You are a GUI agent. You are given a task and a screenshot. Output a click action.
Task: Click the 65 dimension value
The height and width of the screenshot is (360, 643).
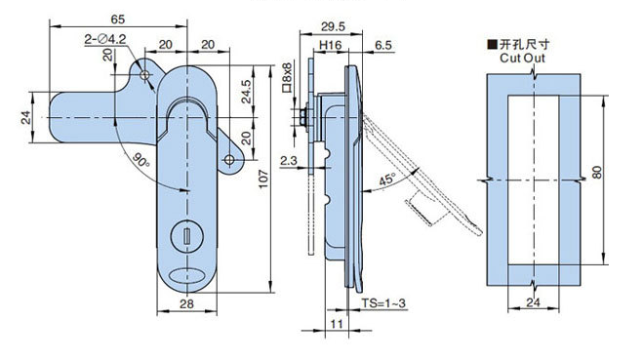pyautogui.click(x=118, y=20)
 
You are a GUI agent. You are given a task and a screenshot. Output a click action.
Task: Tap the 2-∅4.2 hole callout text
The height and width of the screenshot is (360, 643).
pyautogui.click(x=105, y=39)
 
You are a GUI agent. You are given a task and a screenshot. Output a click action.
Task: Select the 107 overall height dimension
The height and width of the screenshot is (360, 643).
pyautogui.click(x=263, y=179)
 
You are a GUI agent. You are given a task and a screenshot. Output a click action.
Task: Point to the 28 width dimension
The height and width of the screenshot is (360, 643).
pyautogui.click(x=186, y=303)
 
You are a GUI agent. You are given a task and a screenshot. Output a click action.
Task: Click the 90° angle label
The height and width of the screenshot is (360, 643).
pyautogui.click(x=141, y=159)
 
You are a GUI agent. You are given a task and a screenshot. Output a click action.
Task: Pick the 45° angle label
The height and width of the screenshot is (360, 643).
pyautogui.click(x=387, y=180)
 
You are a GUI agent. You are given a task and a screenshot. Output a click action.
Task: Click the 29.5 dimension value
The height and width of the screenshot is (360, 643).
pyautogui.click(x=333, y=26)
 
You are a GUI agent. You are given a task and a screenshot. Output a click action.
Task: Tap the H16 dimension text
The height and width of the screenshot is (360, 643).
pyautogui.click(x=330, y=45)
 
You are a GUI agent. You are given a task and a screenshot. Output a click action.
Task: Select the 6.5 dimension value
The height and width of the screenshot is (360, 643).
pyautogui.click(x=383, y=45)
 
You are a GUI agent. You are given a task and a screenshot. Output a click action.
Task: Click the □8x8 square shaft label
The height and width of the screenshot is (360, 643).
pyautogui.click(x=287, y=77)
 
